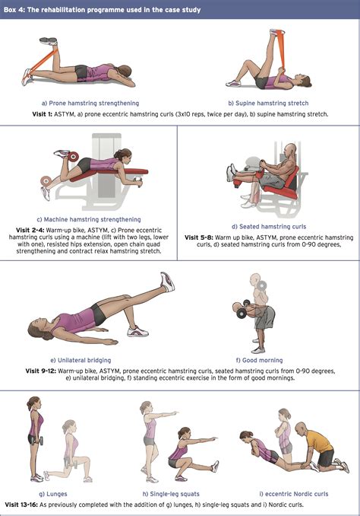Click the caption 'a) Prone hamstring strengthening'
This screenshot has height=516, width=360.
[90, 104]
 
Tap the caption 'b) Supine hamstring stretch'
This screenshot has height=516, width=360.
[268, 104]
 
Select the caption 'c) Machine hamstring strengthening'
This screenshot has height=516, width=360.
[89, 219]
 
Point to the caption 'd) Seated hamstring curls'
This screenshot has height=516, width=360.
[269, 227]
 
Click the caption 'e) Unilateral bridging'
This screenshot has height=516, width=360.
[81, 360]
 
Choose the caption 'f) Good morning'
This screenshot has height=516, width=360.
[260, 360]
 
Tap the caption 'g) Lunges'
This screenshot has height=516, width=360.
[53, 494]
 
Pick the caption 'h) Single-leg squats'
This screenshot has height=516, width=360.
[171, 494]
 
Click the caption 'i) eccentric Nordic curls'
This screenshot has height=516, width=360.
[294, 494]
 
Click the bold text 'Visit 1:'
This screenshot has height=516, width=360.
[42, 114]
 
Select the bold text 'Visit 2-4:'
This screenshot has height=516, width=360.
[30, 231]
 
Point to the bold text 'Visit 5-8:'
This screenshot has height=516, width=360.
[199, 237]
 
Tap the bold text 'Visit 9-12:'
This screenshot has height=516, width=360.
[41, 371]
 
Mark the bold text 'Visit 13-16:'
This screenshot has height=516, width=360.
[21, 505]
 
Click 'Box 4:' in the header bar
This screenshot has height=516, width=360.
[14, 10]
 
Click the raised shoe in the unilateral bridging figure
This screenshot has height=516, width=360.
[168, 282]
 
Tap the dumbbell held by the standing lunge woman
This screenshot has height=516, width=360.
[40, 441]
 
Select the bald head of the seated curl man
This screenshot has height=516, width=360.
[290, 150]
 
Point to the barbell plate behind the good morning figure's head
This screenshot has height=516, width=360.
[262, 285]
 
